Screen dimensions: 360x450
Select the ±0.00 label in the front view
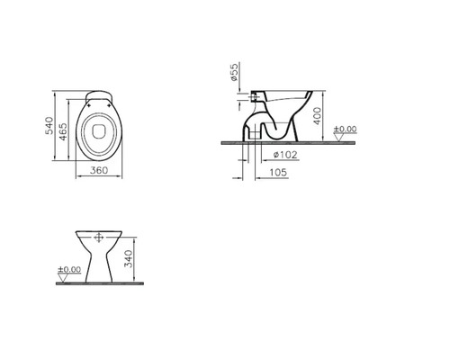[x=68, y=268]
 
